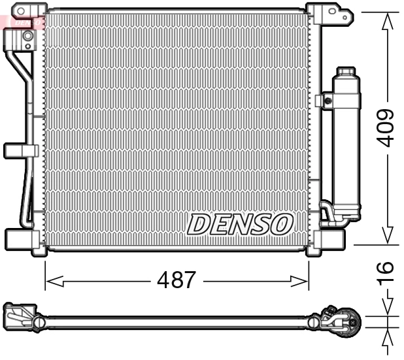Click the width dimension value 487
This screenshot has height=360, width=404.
177,280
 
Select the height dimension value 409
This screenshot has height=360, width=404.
386,127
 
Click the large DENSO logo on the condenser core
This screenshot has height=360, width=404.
239,224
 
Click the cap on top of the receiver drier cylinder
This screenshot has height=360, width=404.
345,71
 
